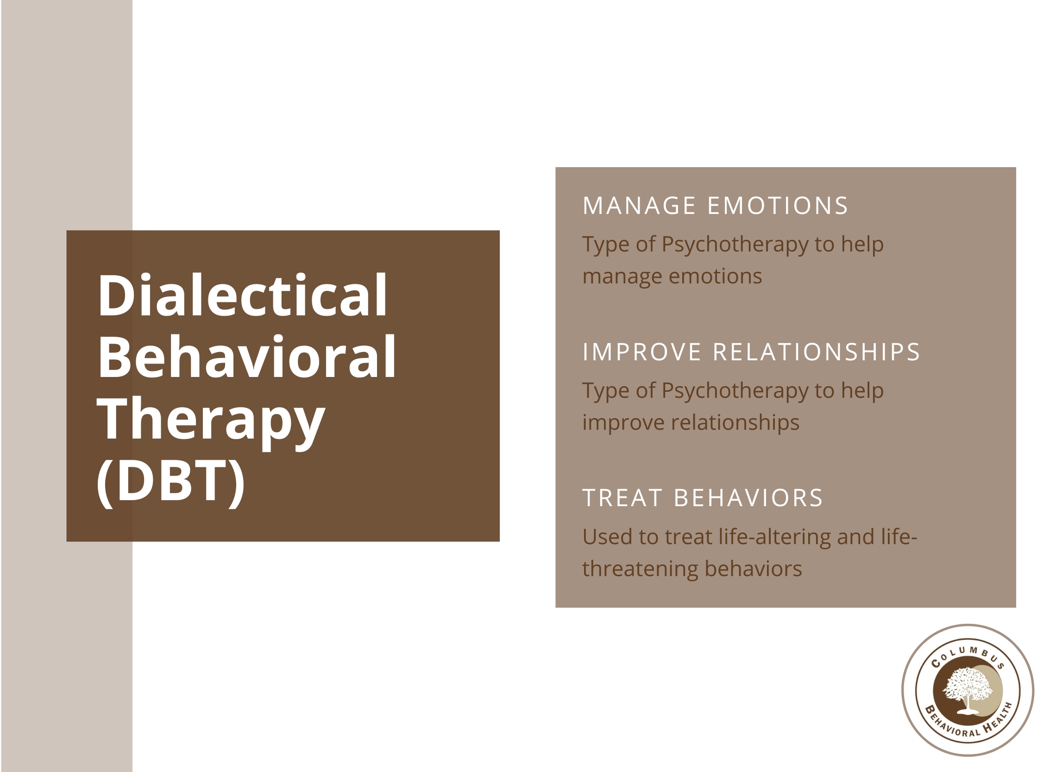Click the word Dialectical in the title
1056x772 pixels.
coord(242,295)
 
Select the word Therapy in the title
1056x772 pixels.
coord(211,421)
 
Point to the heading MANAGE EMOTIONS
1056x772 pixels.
coord(715,206)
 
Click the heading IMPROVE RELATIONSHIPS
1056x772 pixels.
coord(751,352)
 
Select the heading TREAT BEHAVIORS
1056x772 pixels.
coord(703,498)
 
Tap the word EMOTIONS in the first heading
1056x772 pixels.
coord(778,206)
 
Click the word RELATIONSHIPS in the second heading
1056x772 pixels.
coord(816,352)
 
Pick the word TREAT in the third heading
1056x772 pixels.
coord(622,498)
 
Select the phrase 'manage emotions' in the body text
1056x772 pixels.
coord(672,276)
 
